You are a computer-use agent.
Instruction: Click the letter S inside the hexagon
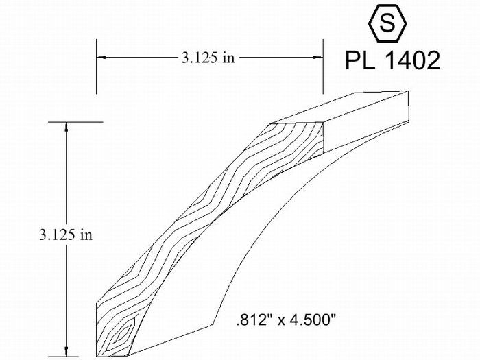click(x=387, y=23)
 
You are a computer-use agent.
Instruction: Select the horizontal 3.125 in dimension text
click(x=208, y=58)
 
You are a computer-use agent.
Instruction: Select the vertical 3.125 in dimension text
click(x=66, y=235)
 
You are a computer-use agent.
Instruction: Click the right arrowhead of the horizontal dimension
click(x=317, y=57)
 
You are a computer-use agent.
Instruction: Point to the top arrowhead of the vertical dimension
click(x=66, y=127)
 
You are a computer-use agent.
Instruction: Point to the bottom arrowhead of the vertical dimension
click(x=66, y=351)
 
